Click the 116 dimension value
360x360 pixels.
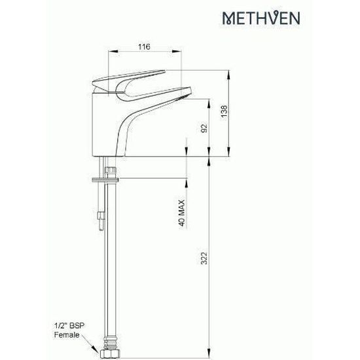(145, 46)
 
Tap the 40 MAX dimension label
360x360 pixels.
(181, 213)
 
